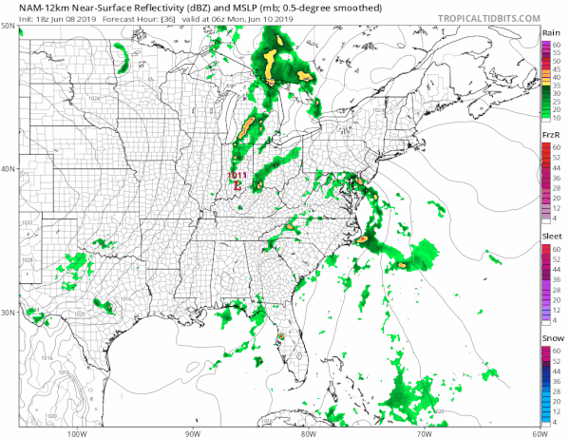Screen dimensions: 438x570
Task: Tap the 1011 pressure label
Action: (237, 176)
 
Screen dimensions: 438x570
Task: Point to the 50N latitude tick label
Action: (9, 26)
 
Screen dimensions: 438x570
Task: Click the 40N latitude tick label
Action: (9, 169)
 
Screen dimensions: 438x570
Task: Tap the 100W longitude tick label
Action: (79, 433)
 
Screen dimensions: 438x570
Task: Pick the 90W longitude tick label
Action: (192, 433)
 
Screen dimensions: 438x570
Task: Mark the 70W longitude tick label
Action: (423, 433)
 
